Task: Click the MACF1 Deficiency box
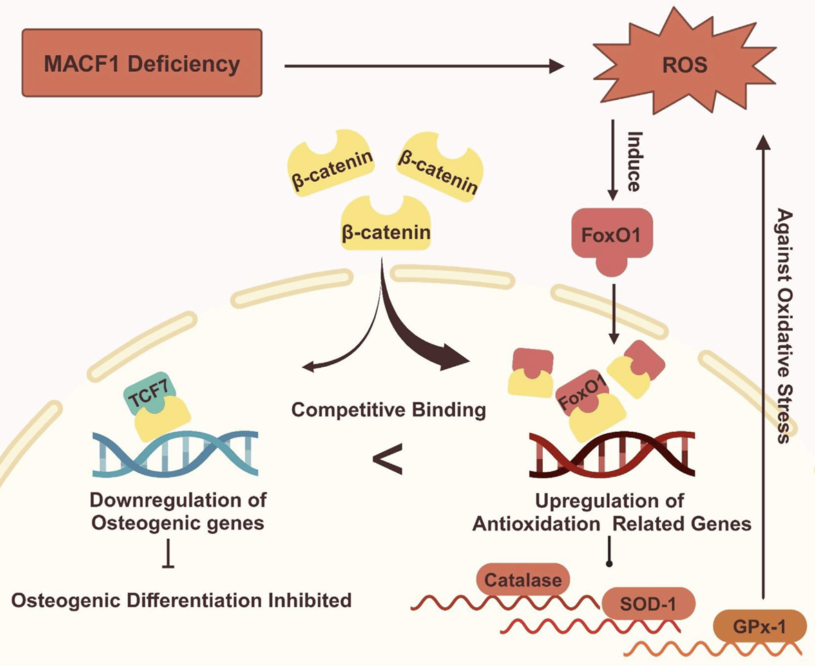pyautogui.click(x=142, y=64)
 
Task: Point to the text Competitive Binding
pyautogui.click(x=388, y=409)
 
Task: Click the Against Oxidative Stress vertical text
pyautogui.click(x=783, y=325)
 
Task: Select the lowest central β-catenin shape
pyautogui.click(x=385, y=225)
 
